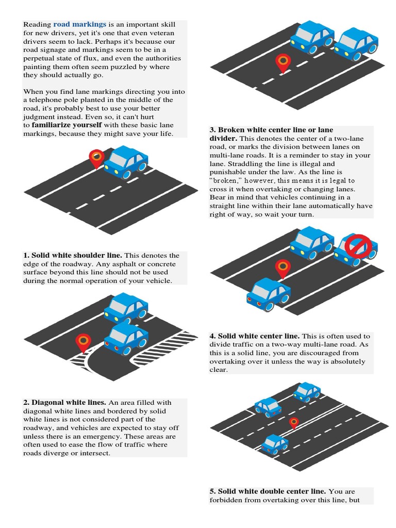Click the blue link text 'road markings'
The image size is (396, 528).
[x=80, y=24]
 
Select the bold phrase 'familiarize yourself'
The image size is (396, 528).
[x=67, y=125]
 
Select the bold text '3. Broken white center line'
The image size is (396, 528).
[x=271, y=130]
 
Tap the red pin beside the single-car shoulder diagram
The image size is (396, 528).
[x=96, y=158]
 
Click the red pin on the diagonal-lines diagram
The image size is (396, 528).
[x=83, y=342]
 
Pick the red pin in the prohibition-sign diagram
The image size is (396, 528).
[x=283, y=268]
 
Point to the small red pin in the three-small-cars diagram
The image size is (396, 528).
[x=293, y=423]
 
